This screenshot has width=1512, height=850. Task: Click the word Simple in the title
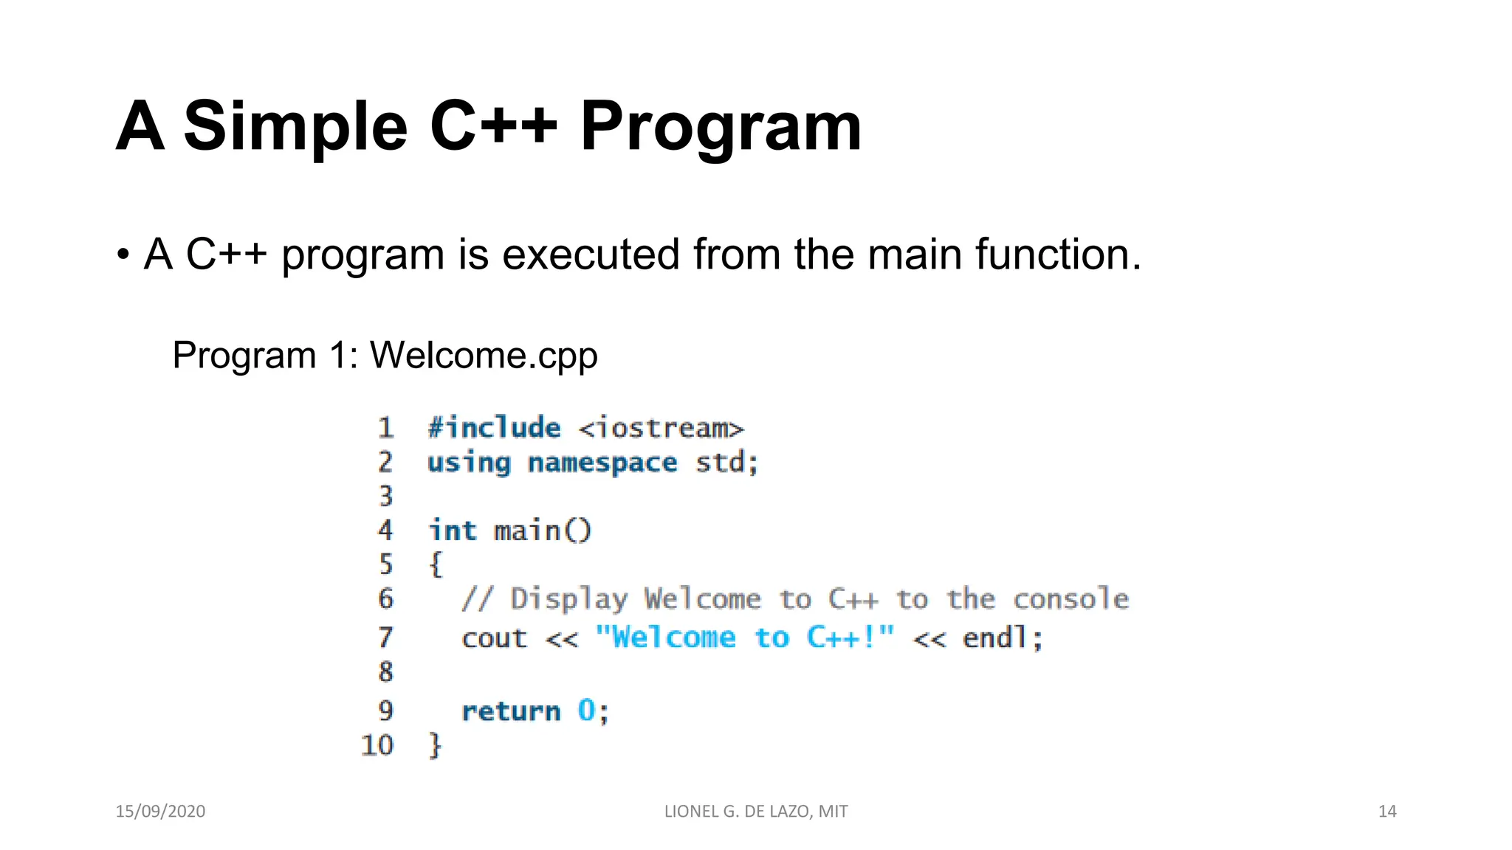[x=295, y=127]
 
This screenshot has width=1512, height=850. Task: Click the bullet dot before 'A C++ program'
[x=123, y=255]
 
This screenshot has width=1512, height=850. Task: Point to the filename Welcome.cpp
[x=484, y=355]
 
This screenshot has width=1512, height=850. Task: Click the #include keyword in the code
[x=495, y=428]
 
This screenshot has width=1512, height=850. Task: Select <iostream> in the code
[x=661, y=429]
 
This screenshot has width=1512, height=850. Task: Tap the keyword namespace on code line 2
[x=602, y=463]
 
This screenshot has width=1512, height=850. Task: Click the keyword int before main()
[x=453, y=531]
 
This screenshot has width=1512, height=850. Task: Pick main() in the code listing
[x=543, y=531]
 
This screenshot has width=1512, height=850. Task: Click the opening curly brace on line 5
[x=436, y=564]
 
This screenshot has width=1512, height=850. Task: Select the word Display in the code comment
[x=568, y=599]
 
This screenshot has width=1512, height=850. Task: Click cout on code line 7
[x=495, y=638]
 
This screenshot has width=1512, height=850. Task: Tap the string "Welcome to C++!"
[x=744, y=637]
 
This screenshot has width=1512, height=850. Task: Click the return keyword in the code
[x=511, y=711]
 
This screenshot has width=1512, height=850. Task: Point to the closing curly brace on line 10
[x=436, y=745]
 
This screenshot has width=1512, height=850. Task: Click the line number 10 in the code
[x=377, y=745]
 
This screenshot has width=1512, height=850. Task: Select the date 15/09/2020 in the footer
[x=160, y=812]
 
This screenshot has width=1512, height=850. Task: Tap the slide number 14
[x=1387, y=812]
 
